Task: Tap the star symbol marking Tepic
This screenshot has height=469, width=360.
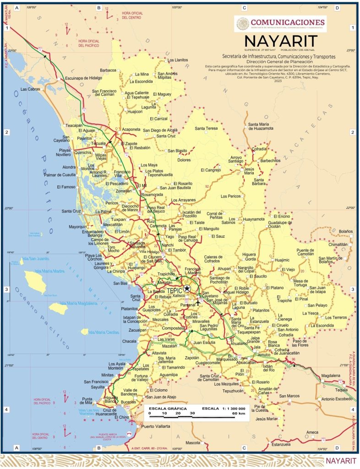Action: tap(187, 289)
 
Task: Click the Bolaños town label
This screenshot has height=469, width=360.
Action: tap(346, 231)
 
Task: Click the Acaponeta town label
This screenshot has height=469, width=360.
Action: tap(131, 130)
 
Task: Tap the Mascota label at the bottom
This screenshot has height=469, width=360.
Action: tap(193, 443)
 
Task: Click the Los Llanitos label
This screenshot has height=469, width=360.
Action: tap(178, 60)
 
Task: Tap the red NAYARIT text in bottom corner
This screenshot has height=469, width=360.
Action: tap(341, 460)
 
